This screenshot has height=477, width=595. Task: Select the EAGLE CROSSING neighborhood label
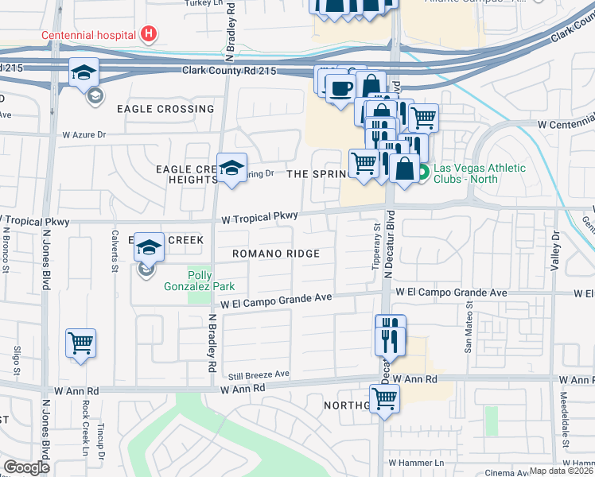point(165,109)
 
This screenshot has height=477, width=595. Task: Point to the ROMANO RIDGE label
point(276,254)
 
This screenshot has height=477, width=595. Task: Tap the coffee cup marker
point(340,88)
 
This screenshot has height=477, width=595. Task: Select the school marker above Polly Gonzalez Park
point(149,248)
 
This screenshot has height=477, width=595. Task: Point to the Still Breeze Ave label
point(258,374)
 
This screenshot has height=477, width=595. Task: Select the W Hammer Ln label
point(413,462)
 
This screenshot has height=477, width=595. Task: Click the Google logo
point(27,467)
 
